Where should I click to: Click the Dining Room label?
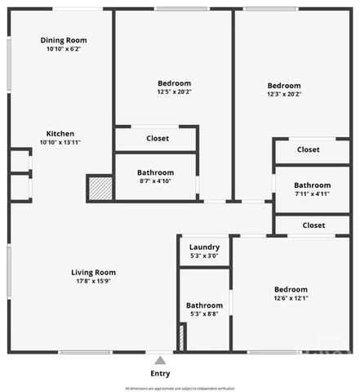pyautogui.click(x=64, y=40)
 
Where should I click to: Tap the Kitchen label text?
pyautogui.click(x=60, y=133)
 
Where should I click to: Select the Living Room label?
pyautogui.click(x=93, y=273)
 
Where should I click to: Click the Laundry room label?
pyautogui.click(x=204, y=247)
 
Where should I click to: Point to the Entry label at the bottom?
pyautogui.click(x=160, y=374)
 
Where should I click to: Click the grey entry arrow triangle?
pyautogui.click(x=160, y=360)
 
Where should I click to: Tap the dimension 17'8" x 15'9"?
pyautogui.click(x=93, y=282)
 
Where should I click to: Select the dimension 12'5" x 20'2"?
pyautogui.click(x=174, y=92)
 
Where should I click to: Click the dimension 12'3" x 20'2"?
pyautogui.click(x=284, y=95)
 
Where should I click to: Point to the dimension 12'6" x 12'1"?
pyautogui.click(x=291, y=298)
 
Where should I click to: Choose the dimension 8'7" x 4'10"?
pyautogui.click(x=155, y=181)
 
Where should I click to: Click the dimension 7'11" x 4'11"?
pyautogui.click(x=312, y=194)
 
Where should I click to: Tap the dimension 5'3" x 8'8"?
pyautogui.click(x=204, y=314)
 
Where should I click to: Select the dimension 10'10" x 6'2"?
pyautogui.click(x=64, y=49)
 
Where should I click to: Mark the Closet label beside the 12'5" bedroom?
pyautogui.click(x=158, y=139)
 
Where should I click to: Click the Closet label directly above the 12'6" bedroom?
pyautogui.click(x=313, y=225)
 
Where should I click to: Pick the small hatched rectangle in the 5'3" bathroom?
pyautogui.click(x=182, y=338)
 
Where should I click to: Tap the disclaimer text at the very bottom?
pyautogui.click(x=180, y=388)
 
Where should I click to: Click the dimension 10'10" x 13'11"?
pyautogui.click(x=60, y=142)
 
